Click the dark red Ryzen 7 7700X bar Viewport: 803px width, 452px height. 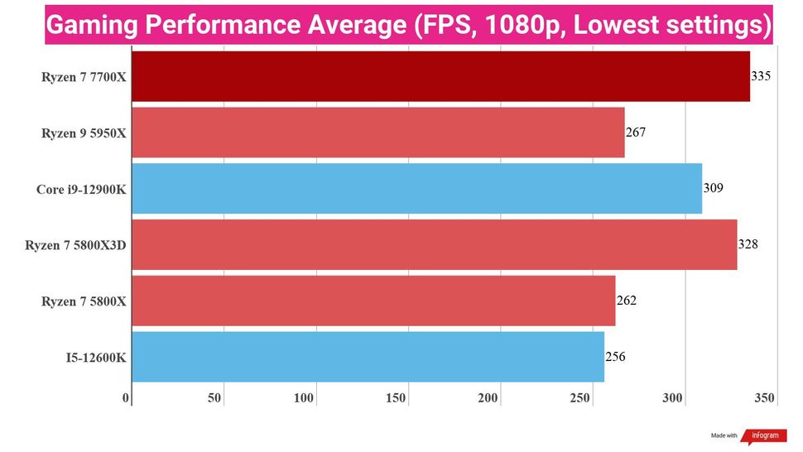[x=440, y=76]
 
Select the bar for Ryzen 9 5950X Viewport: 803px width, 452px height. [x=377, y=132]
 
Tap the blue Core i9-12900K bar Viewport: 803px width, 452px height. [x=416, y=189]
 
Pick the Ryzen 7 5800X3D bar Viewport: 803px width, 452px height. [x=434, y=245]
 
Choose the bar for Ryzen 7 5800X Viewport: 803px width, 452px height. [x=373, y=301]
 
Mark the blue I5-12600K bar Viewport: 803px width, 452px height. [x=368, y=357]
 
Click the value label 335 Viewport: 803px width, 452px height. [x=761, y=76]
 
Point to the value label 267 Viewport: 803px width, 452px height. [x=636, y=132]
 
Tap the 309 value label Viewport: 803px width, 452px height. [x=713, y=188]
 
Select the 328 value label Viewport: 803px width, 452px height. [x=748, y=244]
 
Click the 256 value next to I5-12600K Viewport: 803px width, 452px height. [x=615, y=356]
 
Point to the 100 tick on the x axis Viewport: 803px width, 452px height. [x=304, y=398]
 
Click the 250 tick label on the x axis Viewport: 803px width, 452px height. [x=579, y=398]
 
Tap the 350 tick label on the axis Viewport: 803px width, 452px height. [x=765, y=398]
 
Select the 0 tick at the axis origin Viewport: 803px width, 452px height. [x=127, y=398]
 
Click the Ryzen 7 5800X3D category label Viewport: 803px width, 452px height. [x=75, y=246]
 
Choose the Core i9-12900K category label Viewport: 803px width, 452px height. [x=81, y=190]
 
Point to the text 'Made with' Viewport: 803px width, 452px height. [x=724, y=435]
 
